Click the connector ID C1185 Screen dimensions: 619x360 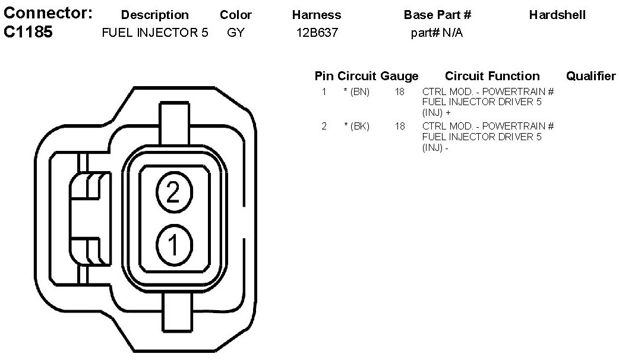(x=28, y=32)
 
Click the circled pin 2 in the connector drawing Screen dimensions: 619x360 (x=174, y=192)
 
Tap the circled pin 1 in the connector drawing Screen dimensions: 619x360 (x=174, y=245)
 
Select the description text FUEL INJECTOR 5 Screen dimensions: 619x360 (x=154, y=32)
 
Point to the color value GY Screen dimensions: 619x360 (x=236, y=32)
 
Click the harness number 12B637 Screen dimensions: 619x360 (x=317, y=32)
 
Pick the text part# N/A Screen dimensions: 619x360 (x=437, y=32)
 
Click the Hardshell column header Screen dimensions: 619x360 (x=557, y=15)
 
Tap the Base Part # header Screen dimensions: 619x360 (x=437, y=15)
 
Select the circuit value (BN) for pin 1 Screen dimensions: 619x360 (x=357, y=92)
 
